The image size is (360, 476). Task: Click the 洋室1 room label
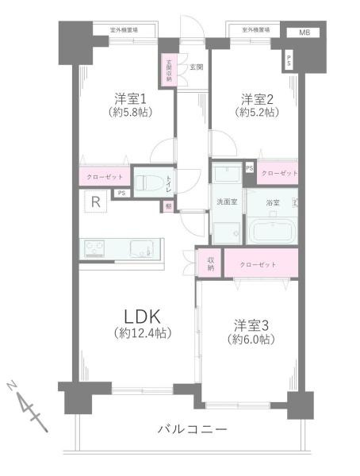click(x=131, y=99)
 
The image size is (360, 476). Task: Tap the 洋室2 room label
click(x=258, y=99)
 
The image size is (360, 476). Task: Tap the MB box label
click(x=304, y=33)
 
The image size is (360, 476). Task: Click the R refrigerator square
click(x=95, y=202)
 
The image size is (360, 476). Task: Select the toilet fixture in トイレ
click(x=151, y=183)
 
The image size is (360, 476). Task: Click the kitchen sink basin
click(x=144, y=248)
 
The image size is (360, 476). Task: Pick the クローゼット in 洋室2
click(x=278, y=173)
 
